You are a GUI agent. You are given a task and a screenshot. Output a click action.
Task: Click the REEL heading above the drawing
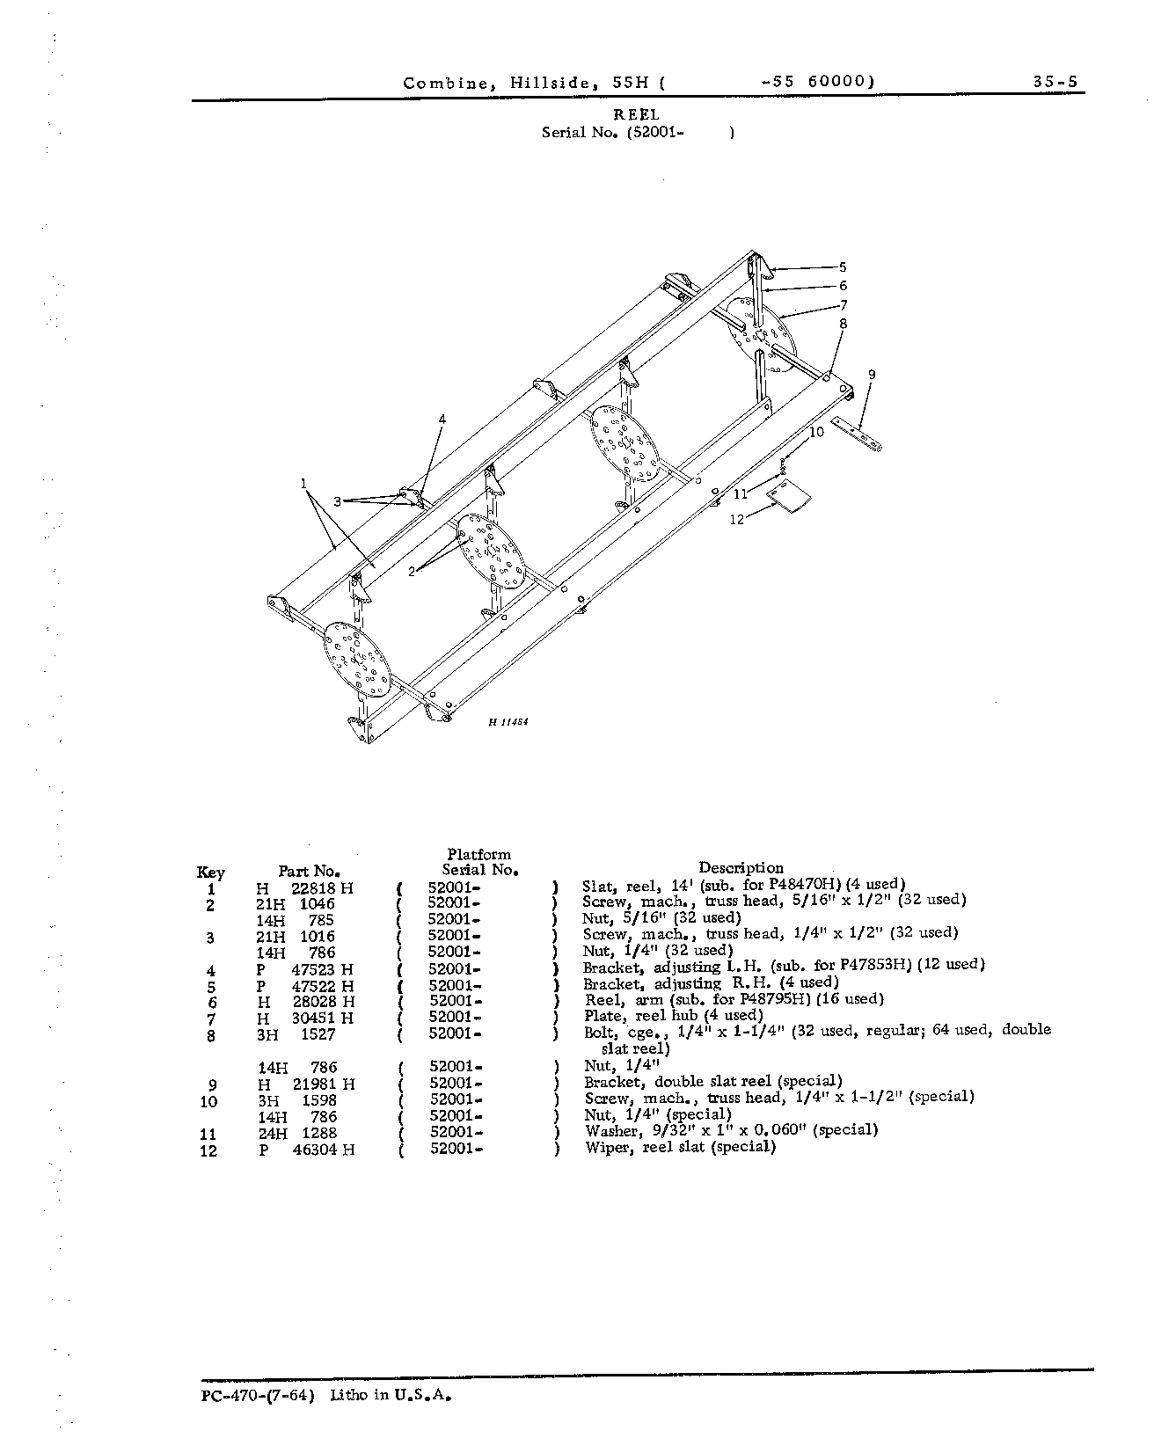637,114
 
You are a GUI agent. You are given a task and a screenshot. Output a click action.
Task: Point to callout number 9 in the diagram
872,374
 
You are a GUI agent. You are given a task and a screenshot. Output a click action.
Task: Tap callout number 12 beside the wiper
736,519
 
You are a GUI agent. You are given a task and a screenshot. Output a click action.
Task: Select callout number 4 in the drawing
442,420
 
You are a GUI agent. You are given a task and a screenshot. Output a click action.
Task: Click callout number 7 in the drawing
844,305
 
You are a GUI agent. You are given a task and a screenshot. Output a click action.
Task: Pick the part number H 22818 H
305,888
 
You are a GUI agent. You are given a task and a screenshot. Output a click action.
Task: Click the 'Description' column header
741,868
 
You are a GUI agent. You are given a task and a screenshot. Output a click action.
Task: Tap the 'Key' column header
211,873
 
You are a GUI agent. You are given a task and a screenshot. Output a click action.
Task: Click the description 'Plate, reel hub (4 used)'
674,1016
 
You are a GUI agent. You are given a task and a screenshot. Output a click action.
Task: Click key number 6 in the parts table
212,1003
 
